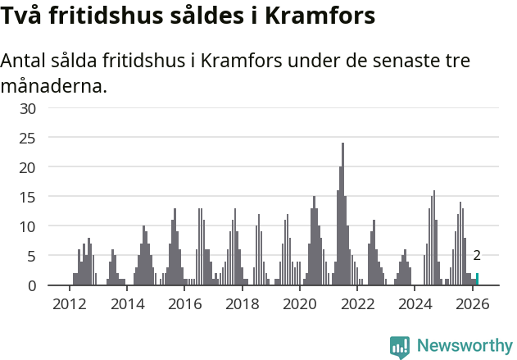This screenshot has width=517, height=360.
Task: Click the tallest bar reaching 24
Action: pos(342,215)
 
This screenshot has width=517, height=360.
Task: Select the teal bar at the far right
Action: pos(477,280)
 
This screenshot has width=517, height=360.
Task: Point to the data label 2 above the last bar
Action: pos(477,256)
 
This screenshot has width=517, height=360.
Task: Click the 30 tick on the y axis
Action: pos(28,108)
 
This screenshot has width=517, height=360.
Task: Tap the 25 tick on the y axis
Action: pos(28,138)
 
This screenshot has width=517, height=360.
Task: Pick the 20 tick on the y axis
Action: pos(28,167)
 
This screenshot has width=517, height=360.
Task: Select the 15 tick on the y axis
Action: pos(28,197)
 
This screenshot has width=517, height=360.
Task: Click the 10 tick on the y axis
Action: pos(28,226)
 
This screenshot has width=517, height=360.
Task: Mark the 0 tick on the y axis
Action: pos(32,285)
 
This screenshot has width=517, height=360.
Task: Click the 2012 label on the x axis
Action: pos(70,304)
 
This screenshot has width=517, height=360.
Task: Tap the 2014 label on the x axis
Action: pos(127,304)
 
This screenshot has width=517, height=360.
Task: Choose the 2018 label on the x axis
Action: pos(243,304)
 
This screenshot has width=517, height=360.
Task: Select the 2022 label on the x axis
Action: pos(358,304)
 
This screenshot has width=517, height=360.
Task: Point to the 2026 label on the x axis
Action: pos(473,304)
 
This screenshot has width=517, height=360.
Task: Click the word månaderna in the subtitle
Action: pos(54,85)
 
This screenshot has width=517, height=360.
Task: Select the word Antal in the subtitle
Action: pos(25,62)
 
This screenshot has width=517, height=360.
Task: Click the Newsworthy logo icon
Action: pos(400,347)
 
